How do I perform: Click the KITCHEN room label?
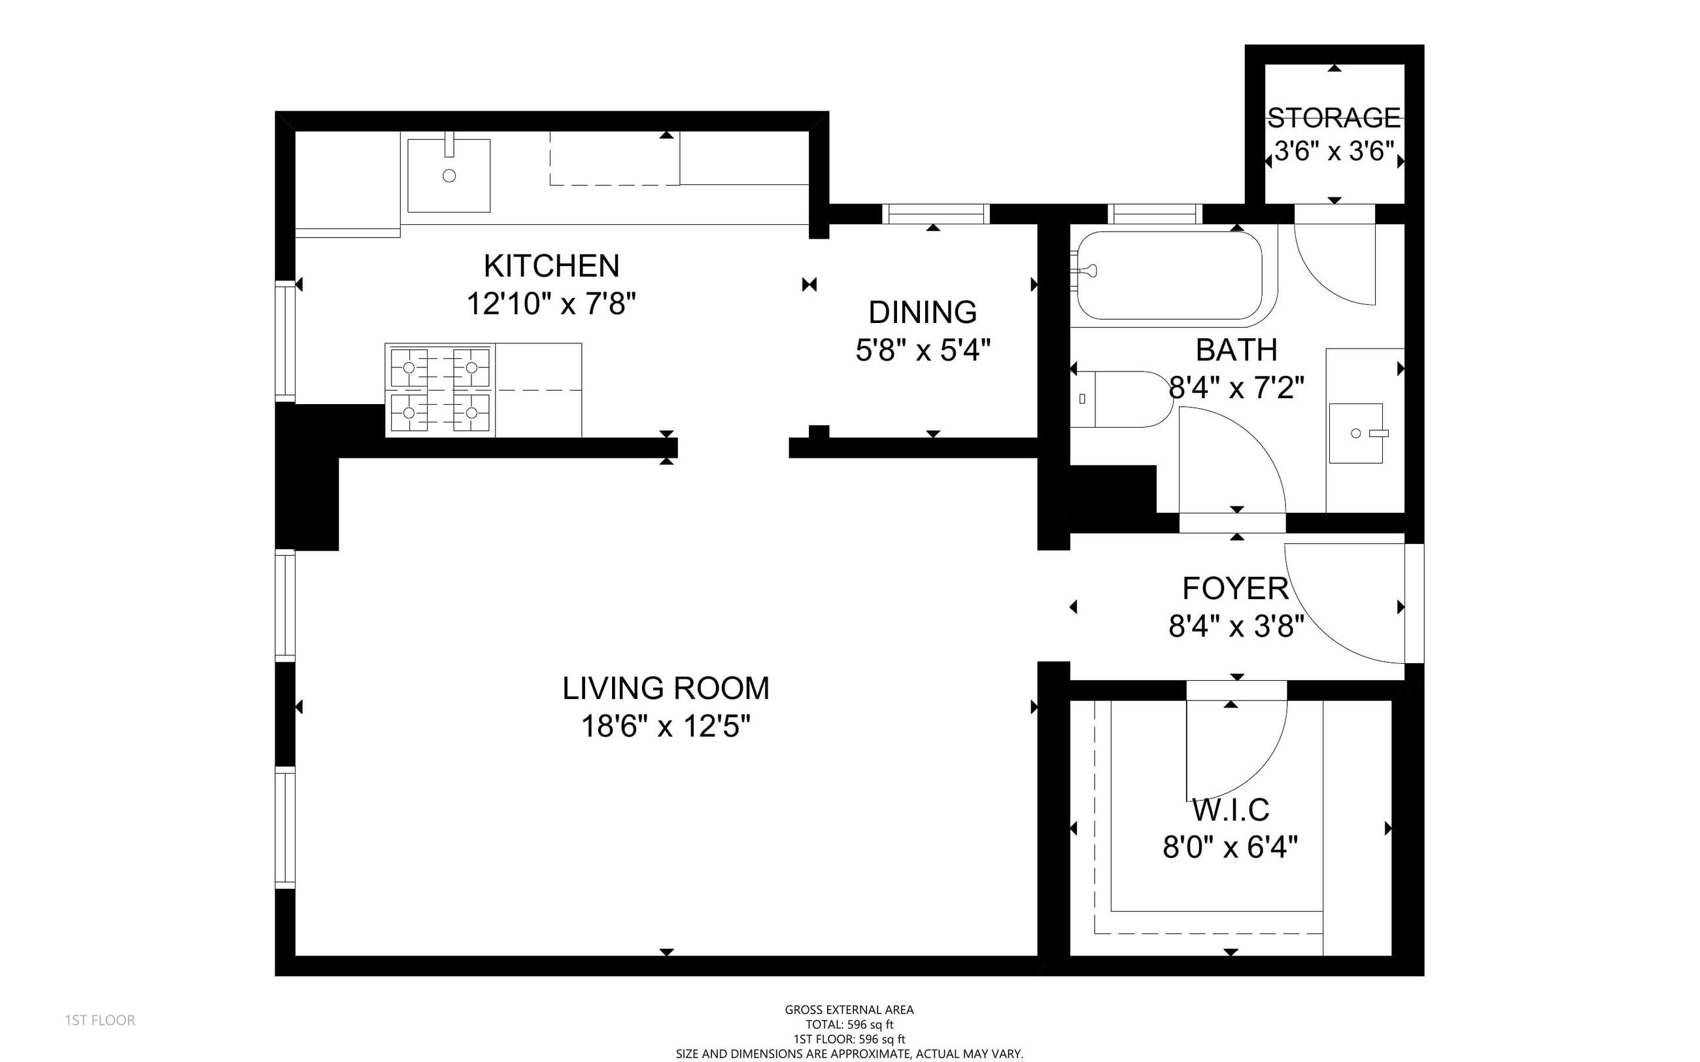coord(551,266)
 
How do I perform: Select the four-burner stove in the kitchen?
coord(440,390)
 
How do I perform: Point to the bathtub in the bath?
coord(1170,275)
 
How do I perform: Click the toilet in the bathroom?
coord(1121,399)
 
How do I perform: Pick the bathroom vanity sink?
coord(1356,434)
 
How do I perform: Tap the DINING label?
coord(923,313)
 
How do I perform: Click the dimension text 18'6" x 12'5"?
coord(666,727)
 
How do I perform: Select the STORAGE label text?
coord(1333,118)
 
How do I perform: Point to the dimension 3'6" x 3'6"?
coord(1334,151)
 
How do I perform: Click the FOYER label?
coord(1236,589)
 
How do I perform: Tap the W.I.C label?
coord(1231,810)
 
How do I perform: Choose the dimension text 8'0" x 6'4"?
coord(1231,848)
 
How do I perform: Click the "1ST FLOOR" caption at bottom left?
coord(99,1020)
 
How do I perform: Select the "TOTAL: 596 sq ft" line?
coord(849,1025)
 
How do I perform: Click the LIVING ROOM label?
coord(666,689)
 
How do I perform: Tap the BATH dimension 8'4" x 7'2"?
coord(1236,388)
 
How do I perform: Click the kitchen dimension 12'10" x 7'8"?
coord(551,304)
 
